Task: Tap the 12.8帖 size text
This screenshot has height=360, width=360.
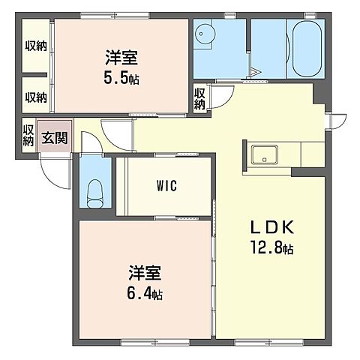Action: point(268,248)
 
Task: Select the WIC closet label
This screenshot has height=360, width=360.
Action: point(167,184)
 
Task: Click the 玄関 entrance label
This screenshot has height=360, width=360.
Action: point(53,137)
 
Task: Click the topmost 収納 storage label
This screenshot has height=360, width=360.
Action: point(34,46)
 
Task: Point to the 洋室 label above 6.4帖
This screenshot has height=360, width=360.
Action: point(145,272)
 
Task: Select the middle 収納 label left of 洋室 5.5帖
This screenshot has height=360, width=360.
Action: point(34,96)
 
